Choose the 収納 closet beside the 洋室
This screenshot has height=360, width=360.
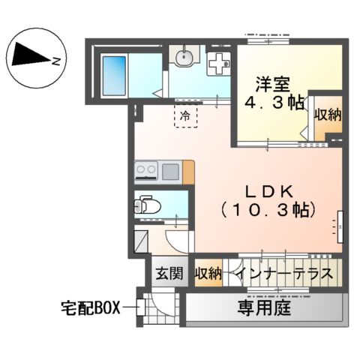click(328, 115)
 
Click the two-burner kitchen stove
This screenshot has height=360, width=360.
click(147, 172)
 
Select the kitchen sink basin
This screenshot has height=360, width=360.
click(171, 172)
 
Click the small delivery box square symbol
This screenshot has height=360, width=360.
click(140, 307)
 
